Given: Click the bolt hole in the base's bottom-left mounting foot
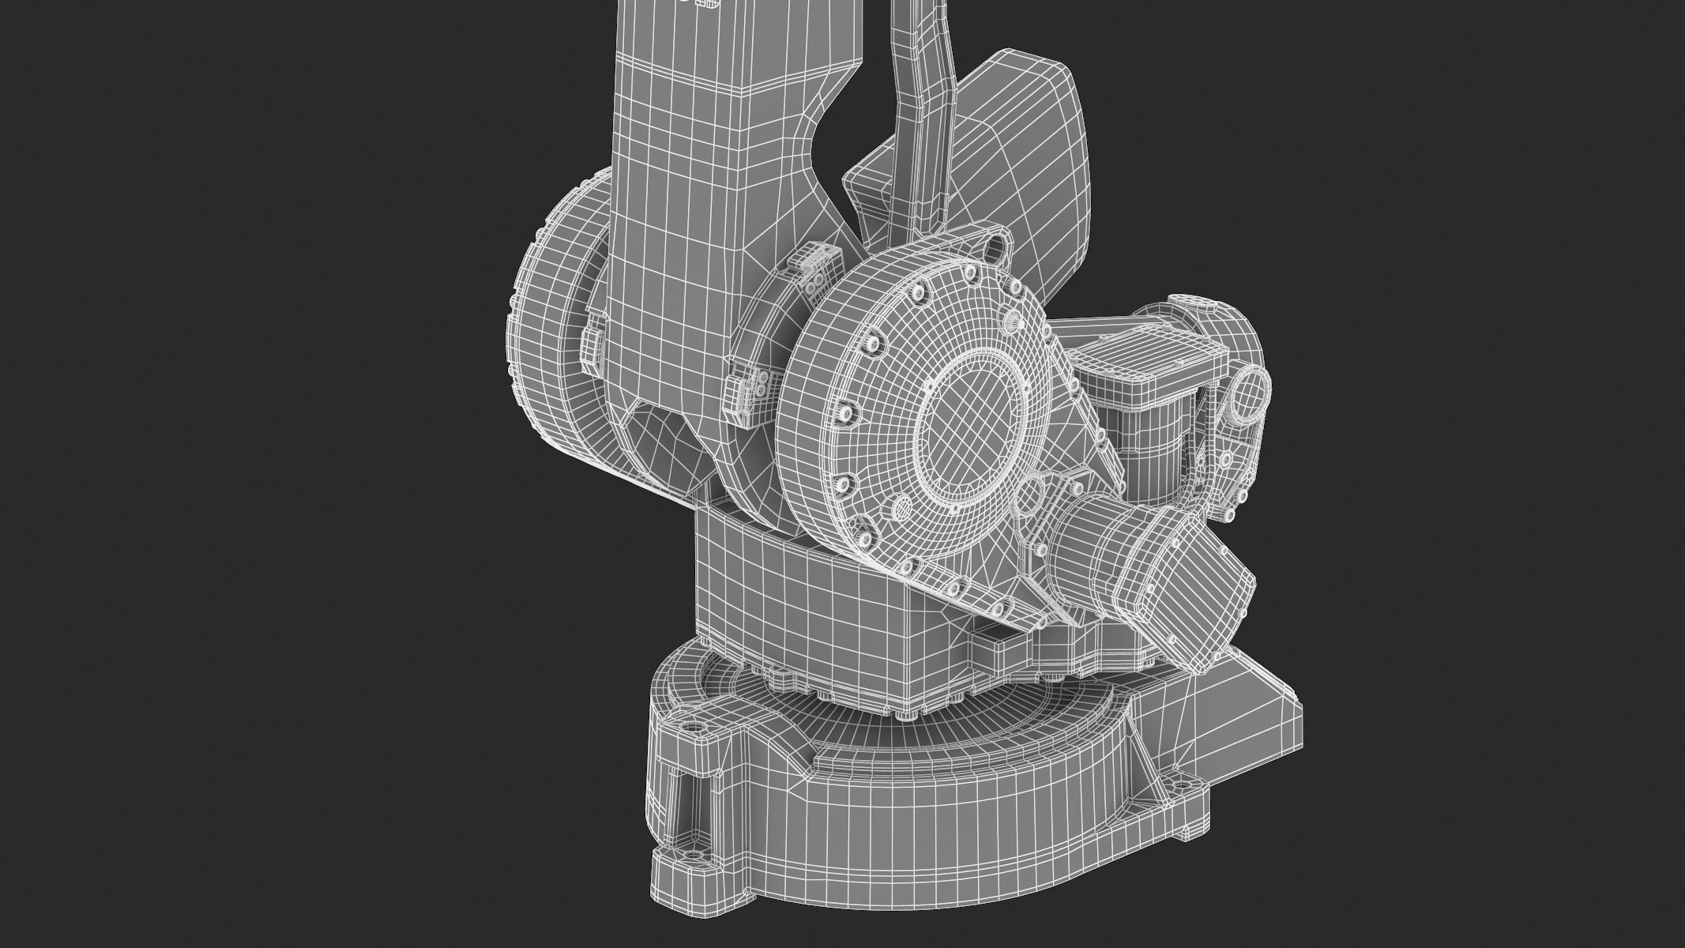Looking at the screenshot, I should point(696,856).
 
